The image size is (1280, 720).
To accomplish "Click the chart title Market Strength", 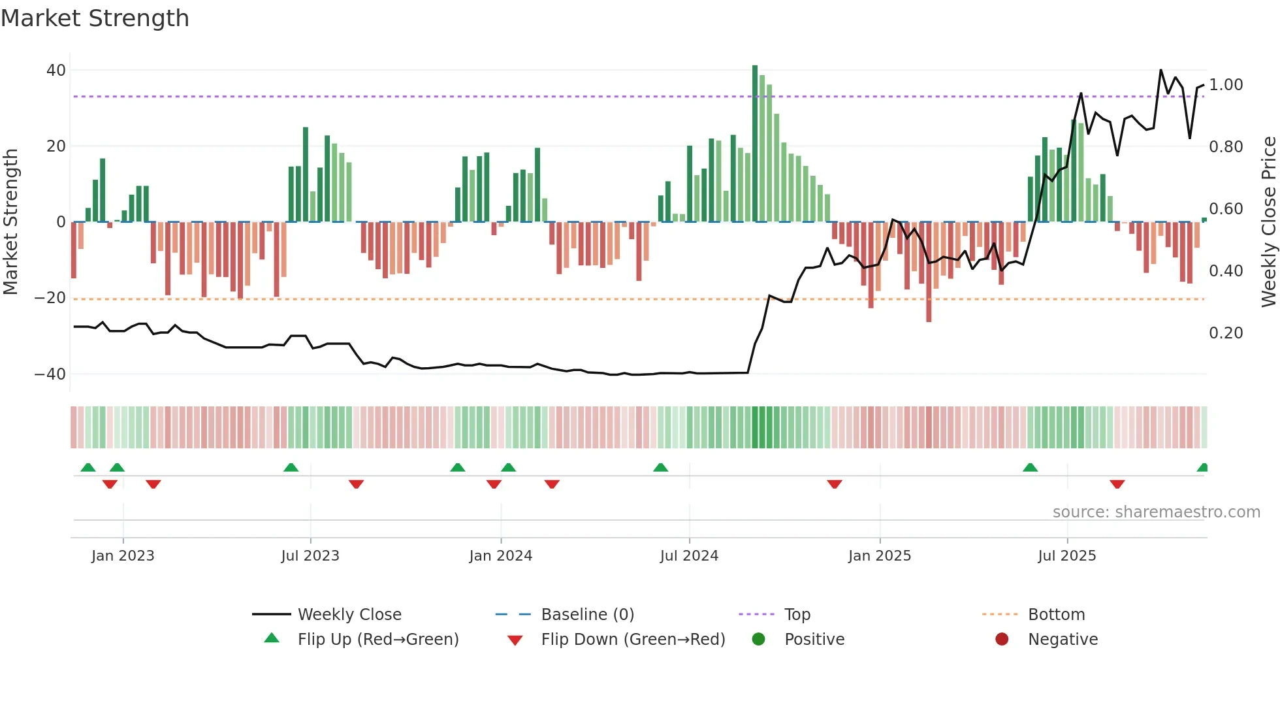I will click(95, 18).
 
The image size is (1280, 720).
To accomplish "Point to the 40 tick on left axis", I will click(56, 70).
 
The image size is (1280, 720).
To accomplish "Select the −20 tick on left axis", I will click(50, 298).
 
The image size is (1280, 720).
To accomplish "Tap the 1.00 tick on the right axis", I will click(1226, 85).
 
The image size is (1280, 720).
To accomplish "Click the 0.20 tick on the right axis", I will click(1226, 333).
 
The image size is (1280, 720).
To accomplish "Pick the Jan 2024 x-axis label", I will click(500, 556).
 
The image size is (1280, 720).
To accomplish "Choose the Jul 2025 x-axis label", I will click(1066, 556).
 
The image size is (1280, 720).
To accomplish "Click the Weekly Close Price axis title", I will click(1268, 222).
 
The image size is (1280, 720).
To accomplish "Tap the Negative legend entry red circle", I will click(1002, 639).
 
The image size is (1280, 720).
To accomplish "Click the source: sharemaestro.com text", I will click(1156, 512).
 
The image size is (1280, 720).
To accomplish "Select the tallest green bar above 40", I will click(755, 144).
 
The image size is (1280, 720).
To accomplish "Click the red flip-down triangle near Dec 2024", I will click(835, 484).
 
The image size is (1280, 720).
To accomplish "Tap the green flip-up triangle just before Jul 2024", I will click(661, 467).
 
